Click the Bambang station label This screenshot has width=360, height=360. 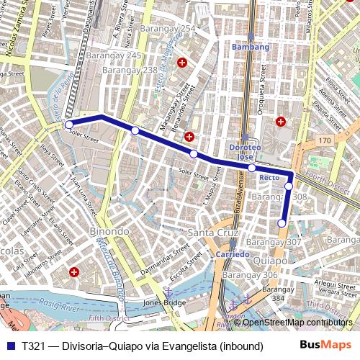tap(251, 47)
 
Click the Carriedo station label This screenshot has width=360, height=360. tap(233, 255)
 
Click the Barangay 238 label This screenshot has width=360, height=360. tap(130, 70)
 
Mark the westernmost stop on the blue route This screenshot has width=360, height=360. tap(69, 125)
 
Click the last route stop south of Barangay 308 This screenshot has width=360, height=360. tap(282, 223)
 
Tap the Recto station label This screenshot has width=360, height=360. tap(269, 177)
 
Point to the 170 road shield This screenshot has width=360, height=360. tap(325, 140)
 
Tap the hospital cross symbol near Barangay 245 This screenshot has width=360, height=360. tap(181, 63)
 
